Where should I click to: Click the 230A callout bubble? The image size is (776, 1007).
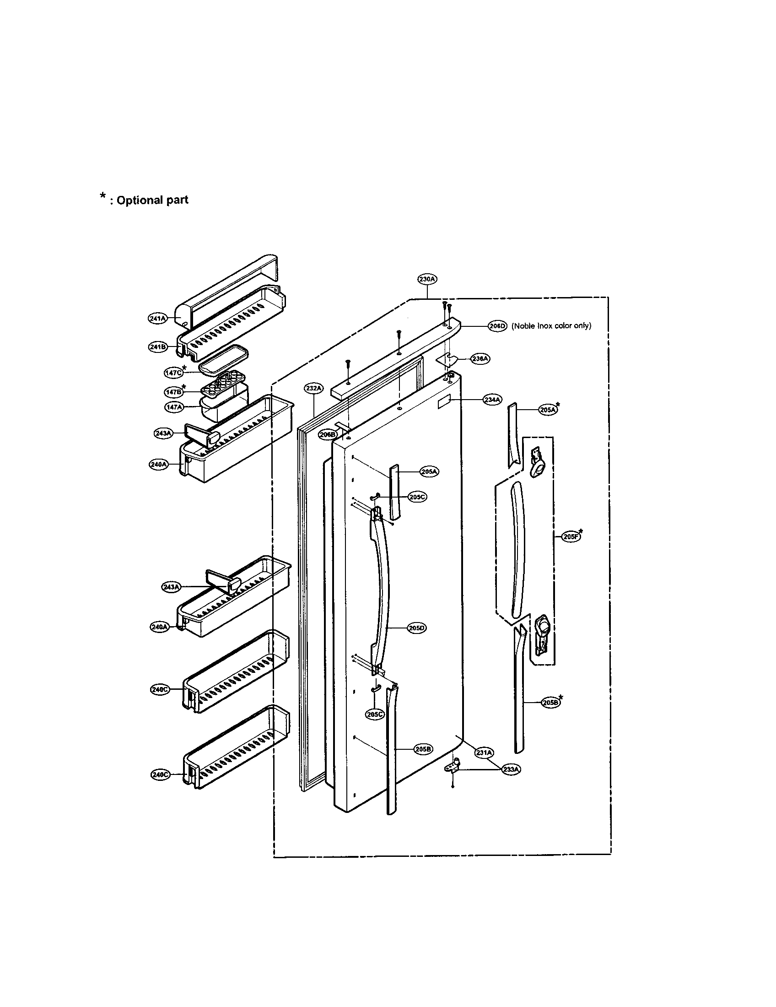pyautogui.click(x=427, y=279)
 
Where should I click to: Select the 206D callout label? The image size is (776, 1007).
pyautogui.click(x=497, y=326)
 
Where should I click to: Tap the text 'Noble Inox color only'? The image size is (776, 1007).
pyautogui.click(x=551, y=326)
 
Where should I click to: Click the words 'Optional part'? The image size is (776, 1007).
pyautogui.click(x=152, y=200)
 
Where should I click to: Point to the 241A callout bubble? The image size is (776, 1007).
pyautogui.click(x=157, y=318)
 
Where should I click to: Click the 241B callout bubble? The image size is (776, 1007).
pyautogui.click(x=157, y=347)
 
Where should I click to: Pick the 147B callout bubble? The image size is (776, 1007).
pyautogui.click(x=173, y=392)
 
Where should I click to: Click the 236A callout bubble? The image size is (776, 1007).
pyautogui.click(x=480, y=358)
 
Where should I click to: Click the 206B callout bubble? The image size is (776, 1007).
pyautogui.click(x=327, y=434)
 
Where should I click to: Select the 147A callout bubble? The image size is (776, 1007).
pyautogui.click(x=174, y=407)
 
